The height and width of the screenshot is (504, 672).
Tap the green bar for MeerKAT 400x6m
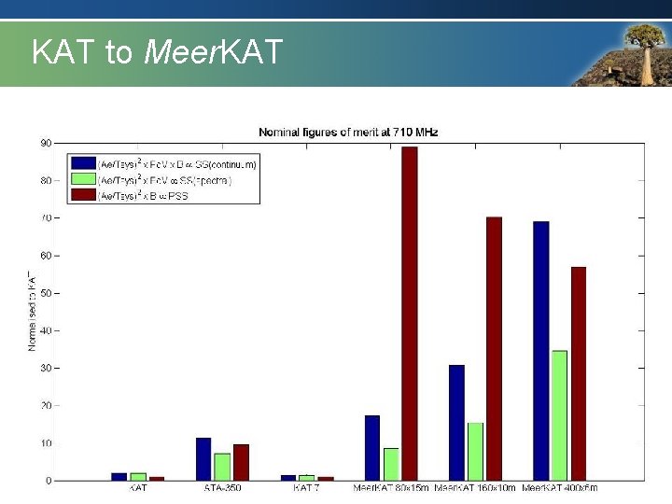tap(559, 415)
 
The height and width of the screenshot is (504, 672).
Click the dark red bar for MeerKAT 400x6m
tap(579, 373)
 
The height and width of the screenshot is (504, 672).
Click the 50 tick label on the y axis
tap(46, 293)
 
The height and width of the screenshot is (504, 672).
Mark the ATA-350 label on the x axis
tap(222, 488)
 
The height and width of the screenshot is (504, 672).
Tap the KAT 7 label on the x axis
tap(307, 488)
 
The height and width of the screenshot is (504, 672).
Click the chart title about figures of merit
tap(348, 133)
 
